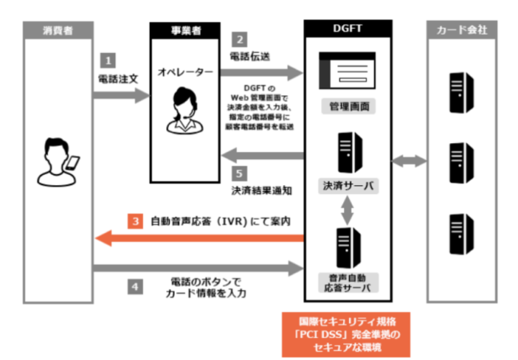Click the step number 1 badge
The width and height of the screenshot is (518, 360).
(107, 61)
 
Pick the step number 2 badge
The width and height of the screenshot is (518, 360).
(240, 39)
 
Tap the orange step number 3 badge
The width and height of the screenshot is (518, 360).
(135, 222)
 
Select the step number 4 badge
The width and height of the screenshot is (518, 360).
(134, 285)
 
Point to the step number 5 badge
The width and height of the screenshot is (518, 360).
(240, 171)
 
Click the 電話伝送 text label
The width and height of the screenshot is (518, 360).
(251, 56)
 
